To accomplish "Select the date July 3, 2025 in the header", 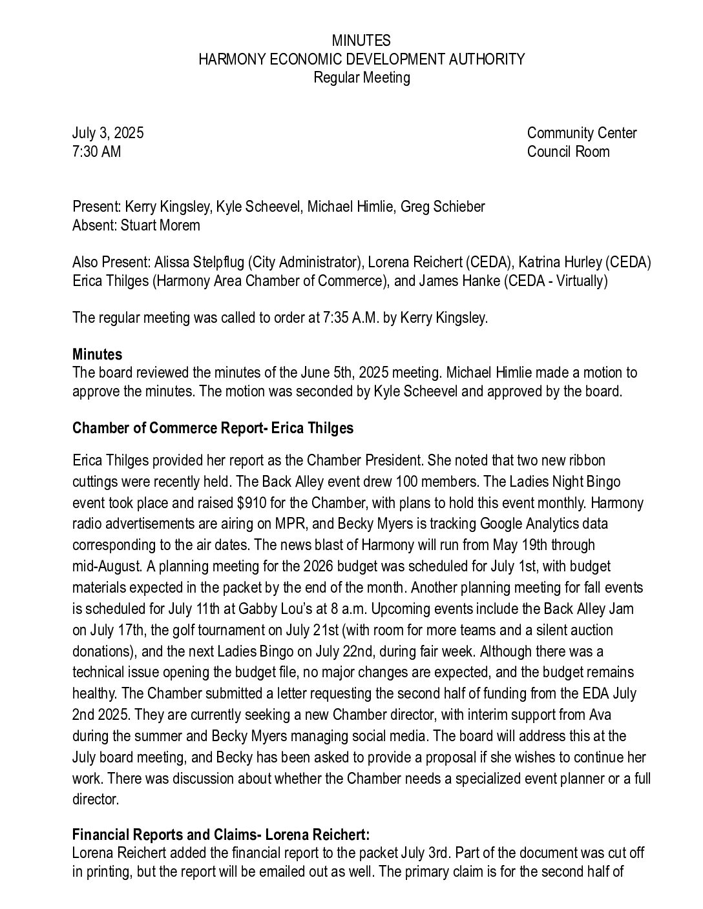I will [108, 133].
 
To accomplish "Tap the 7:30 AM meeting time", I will [96, 152].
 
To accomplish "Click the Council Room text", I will [568, 152].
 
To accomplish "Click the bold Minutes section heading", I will [97, 354].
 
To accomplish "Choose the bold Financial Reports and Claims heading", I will [221, 834].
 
